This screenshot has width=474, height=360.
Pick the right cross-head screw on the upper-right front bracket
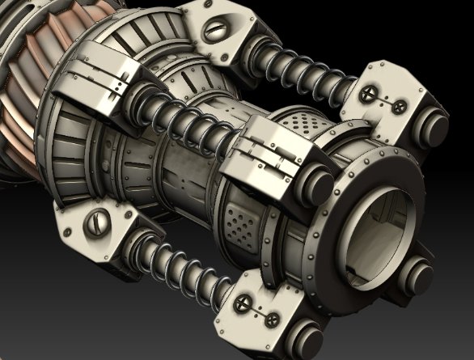click(x=399, y=105)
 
